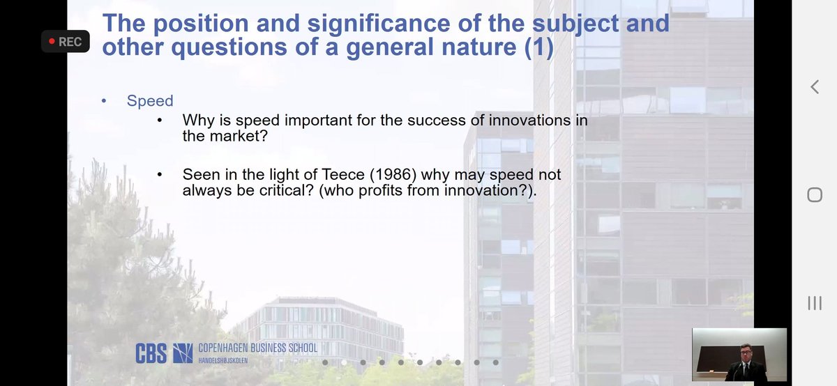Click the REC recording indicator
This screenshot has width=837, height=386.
point(63,42)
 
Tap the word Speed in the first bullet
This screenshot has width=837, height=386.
point(149,101)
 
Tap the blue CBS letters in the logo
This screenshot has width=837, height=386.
point(150,353)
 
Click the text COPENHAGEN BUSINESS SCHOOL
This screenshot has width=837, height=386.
point(257,348)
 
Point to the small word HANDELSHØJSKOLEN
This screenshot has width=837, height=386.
point(223,360)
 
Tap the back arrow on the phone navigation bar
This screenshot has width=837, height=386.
point(814,87)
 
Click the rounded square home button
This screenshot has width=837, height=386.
point(814,194)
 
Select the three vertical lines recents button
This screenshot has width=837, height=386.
point(814,302)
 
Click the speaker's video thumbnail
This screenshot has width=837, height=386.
point(739,355)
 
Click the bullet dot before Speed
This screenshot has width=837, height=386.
point(103,102)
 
